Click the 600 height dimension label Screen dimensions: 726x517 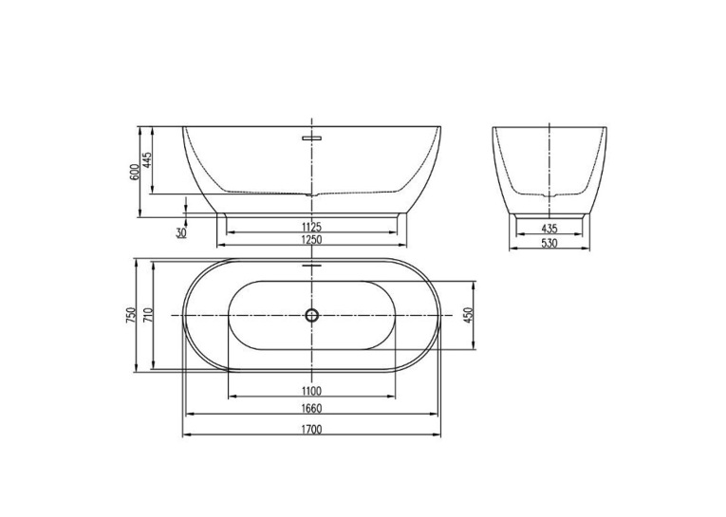(135, 173)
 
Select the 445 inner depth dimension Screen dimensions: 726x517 (147, 159)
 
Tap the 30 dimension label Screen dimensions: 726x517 (181, 232)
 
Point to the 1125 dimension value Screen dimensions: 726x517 (311, 227)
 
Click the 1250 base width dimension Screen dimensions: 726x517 (311, 239)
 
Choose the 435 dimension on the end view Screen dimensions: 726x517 (549, 229)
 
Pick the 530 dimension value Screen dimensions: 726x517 (549, 243)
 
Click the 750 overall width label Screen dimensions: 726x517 (131, 315)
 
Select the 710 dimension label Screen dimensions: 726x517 (148, 315)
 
